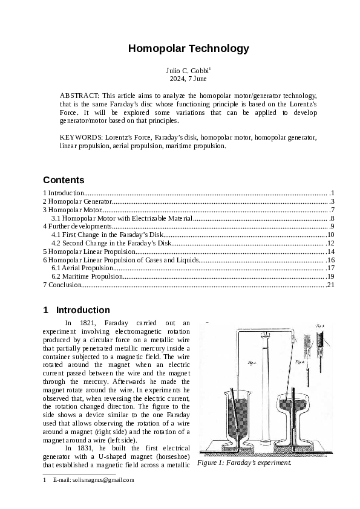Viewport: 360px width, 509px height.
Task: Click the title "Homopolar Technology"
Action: pyautogui.click(x=180, y=48)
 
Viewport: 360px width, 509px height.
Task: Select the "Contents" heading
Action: pyautogui.click(x=64, y=180)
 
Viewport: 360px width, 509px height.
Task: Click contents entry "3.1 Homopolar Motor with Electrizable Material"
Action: pyautogui.click(x=122, y=218)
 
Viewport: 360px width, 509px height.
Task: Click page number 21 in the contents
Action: pyautogui.click(x=330, y=285)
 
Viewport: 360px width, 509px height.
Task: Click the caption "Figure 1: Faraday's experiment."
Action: pyautogui.click(x=244, y=463)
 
